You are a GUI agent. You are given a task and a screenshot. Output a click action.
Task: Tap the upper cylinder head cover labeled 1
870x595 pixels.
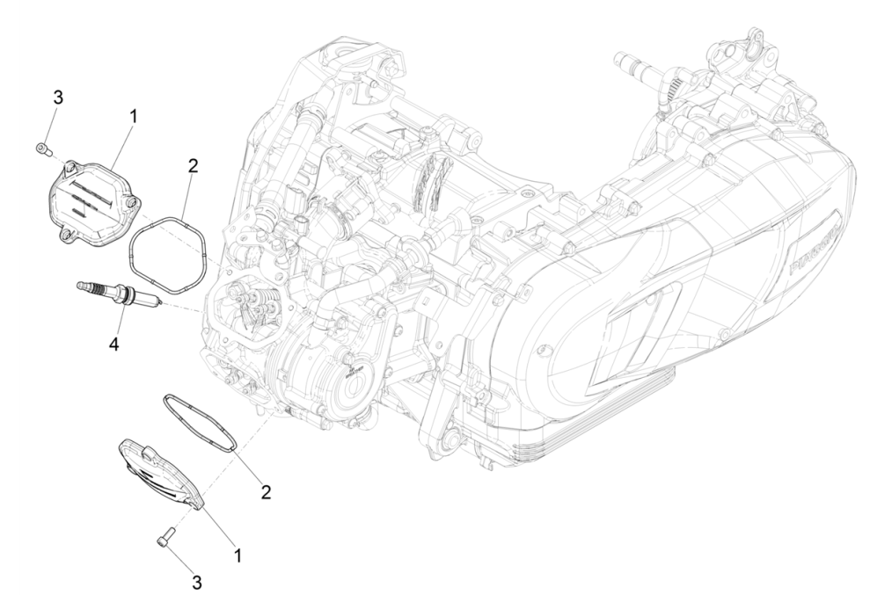(x=92, y=198)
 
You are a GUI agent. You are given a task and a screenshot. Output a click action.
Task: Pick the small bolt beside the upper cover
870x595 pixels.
(x=42, y=149)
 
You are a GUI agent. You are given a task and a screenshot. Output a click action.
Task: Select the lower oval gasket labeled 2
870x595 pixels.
(x=199, y=423)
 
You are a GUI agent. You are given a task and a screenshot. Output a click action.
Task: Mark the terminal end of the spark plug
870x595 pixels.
(x=84, y=286)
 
